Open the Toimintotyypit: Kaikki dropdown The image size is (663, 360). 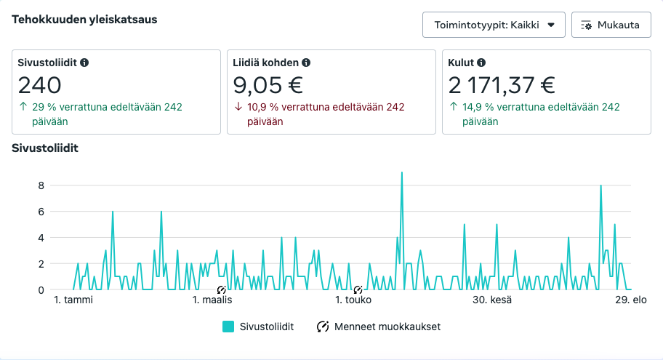coord(494,25)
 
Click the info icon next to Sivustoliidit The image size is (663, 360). coord(84,63)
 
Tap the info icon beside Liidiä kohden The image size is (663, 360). coord(306,63)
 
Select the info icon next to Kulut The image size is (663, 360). coord(481,63)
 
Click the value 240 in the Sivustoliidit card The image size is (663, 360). coord(40,86)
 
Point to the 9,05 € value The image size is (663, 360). coord(268,86)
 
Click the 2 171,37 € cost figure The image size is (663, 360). coord(502,86)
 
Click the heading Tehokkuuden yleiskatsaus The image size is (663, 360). coord(84,19)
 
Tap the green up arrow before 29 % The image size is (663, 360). coord(22,108)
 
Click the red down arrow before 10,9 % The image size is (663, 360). coord(237,108)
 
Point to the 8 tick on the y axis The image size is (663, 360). coord(41,185)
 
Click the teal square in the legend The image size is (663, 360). coord(228,327)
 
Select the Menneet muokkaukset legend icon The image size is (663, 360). coord(323,327)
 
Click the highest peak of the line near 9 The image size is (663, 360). coord(402,173)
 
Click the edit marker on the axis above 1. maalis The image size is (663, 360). coord(222,289)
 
